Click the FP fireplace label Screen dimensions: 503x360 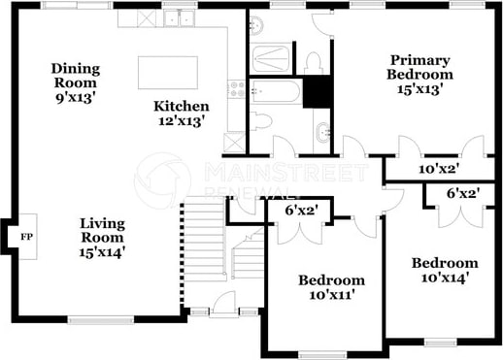coord(27,237)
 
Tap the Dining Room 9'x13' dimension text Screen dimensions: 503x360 coord(76,97)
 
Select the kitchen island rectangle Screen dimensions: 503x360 coord(168,73)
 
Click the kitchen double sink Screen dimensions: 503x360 coord(179,17)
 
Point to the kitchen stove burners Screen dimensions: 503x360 coord(236,89)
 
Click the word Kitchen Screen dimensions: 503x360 coord(182,106)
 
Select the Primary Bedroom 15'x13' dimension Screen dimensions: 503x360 coord(419,88)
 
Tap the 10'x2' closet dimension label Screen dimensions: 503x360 coord(440,169)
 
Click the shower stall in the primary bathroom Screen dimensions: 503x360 coord(271,58)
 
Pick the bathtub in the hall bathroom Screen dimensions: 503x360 coord(278,91)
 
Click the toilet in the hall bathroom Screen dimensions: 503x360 coord(261,121)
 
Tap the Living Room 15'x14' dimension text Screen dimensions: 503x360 coord(102,252)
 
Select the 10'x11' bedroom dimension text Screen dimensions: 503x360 coord(330,295)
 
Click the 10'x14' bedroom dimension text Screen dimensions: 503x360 coord(445,278)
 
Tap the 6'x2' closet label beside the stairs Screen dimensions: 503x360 coord(302,211)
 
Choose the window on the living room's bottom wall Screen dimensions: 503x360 coord(101,320)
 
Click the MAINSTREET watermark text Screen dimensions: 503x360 coord(286,172)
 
